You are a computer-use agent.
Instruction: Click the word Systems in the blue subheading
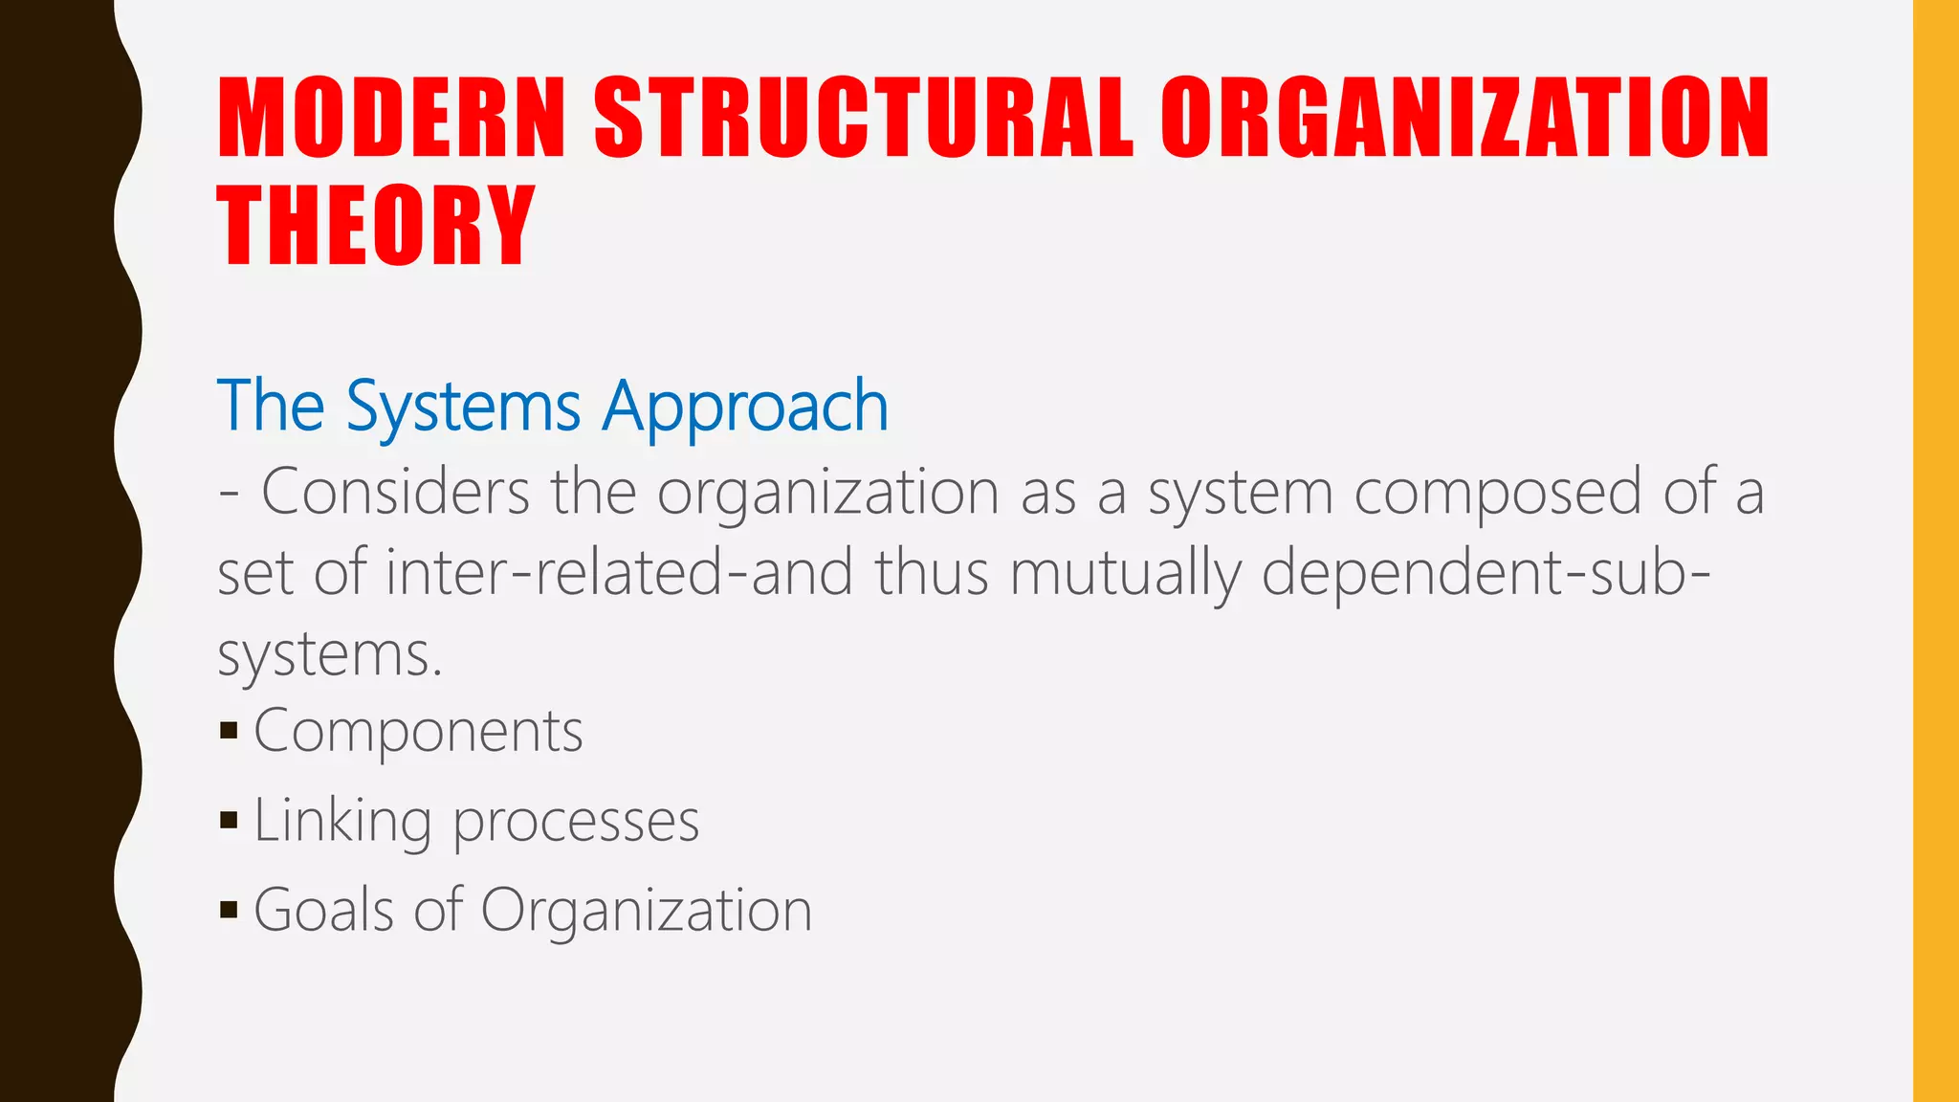pos(463,407)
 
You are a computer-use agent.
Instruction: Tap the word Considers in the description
pos(395,492)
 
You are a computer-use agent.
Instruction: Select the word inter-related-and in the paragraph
pos(619,572)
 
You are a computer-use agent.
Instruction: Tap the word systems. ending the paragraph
pos(330,656)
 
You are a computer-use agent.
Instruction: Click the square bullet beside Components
pos(229,732)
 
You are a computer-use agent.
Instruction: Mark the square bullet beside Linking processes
pos(229,820)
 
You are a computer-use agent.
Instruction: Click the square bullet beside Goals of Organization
pos(229,909)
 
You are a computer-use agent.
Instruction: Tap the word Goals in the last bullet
pos(324,910)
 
